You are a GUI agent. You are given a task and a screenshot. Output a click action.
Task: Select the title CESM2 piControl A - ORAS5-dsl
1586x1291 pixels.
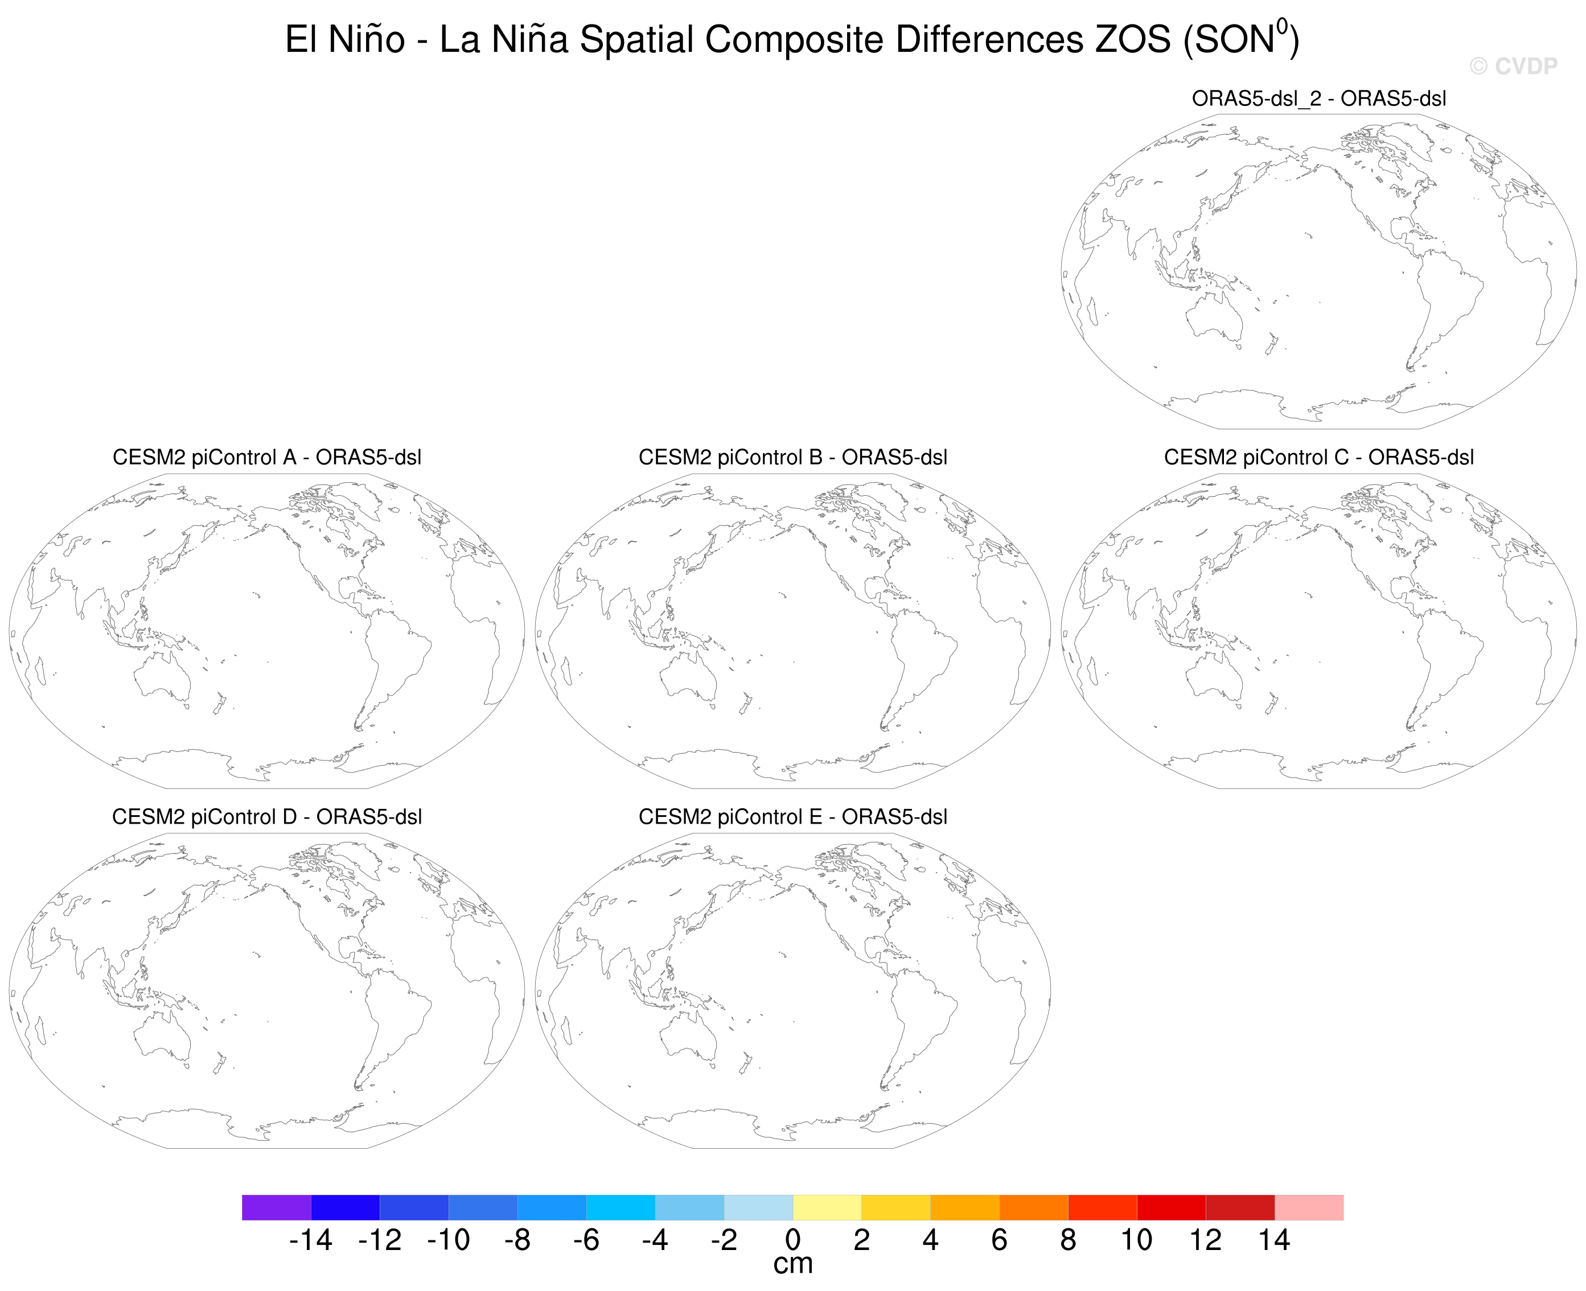267,457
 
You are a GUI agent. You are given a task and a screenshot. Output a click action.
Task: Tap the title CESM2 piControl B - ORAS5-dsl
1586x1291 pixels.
792,457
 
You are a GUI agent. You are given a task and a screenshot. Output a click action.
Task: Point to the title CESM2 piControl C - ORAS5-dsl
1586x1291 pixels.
1318,457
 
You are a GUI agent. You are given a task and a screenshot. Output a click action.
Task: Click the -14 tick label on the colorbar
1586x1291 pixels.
311,1240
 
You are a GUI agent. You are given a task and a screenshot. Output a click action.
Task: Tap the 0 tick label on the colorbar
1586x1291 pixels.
792,1240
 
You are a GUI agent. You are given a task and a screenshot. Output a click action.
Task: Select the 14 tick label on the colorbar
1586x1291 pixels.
1273,1240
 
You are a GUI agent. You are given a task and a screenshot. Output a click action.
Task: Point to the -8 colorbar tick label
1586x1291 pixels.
517,1240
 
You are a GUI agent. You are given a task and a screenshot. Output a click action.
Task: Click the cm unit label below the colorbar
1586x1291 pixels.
792,1265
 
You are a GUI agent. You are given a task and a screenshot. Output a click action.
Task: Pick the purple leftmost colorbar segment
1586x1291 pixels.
276,1207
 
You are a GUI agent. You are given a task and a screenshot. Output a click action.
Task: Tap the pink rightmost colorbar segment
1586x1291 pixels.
1309,1207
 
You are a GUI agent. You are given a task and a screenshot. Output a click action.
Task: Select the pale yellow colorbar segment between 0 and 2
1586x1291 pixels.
827,1207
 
